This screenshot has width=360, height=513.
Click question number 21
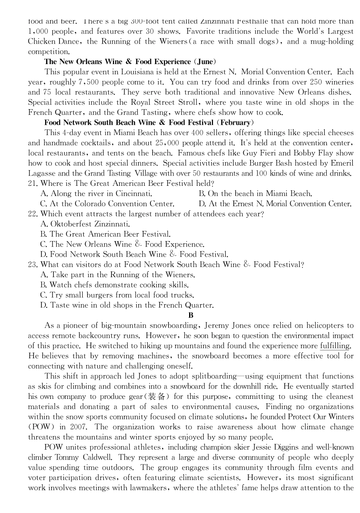[32, 184]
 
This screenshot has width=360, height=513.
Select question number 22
[32, 214]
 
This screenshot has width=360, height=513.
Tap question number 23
[32, 265]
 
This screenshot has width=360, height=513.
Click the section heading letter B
[191, 315]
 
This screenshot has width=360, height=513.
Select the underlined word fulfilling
[335, 346]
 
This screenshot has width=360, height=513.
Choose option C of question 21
[107, 204]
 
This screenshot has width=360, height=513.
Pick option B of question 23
[114, 285]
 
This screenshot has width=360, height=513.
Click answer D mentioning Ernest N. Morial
[275, 204]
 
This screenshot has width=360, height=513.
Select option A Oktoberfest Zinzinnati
[85, 224]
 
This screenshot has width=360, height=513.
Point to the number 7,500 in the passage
[88, 82]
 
